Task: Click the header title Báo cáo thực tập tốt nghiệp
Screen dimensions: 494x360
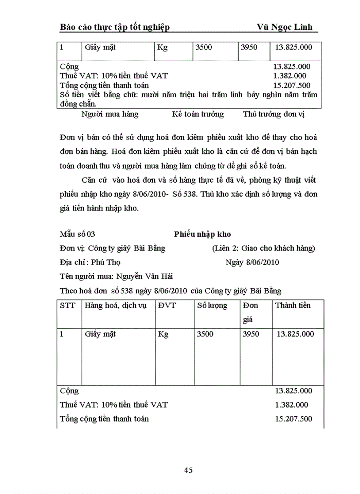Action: point(115,27)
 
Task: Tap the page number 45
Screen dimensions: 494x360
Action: point(188,470)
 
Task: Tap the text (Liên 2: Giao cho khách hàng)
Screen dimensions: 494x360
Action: point(263,249)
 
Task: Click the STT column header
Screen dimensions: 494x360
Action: point(67,306)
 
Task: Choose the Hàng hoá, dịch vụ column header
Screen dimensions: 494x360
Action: point(116,306)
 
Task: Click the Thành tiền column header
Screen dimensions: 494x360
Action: point(293,306)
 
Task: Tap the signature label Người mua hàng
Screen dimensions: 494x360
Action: point(110,114)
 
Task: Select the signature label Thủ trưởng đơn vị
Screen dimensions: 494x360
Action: point(273,114)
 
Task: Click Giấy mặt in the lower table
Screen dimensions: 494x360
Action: point(100,334)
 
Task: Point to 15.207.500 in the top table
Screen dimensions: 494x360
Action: point(292,85)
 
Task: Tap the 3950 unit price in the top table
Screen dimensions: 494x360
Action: point(250,47)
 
